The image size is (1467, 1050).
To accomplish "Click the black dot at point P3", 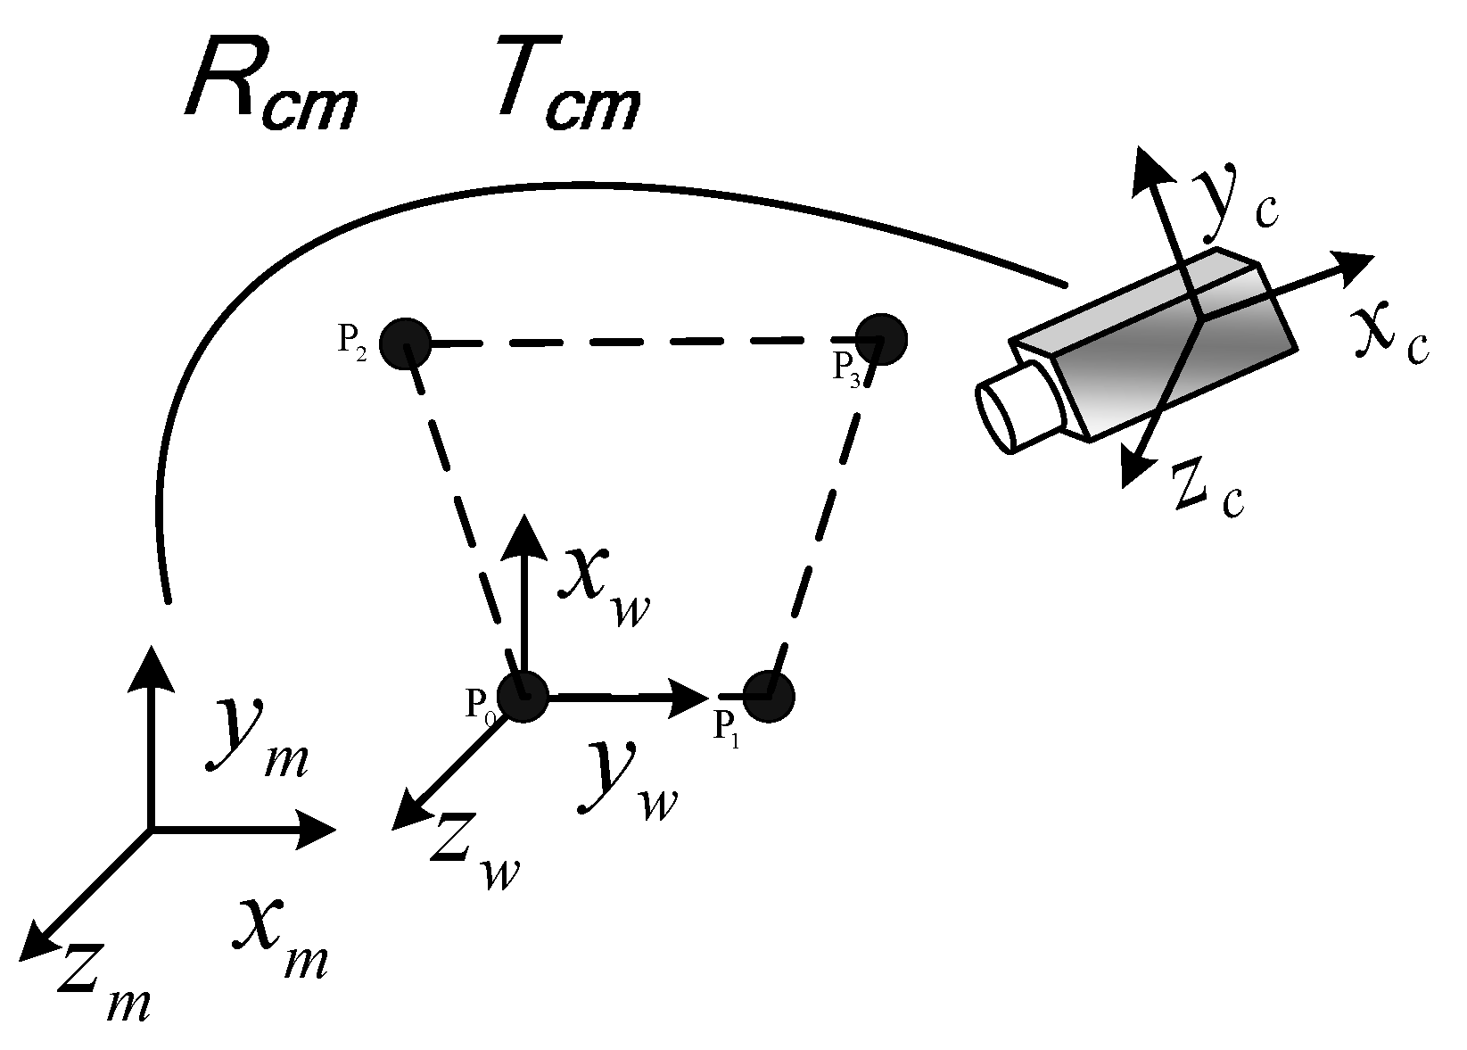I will click(881, 339).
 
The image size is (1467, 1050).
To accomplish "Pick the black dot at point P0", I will click(522, 697).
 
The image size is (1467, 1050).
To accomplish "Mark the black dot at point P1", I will click(767, 696).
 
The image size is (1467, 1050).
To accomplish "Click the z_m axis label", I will click(103, 988).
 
